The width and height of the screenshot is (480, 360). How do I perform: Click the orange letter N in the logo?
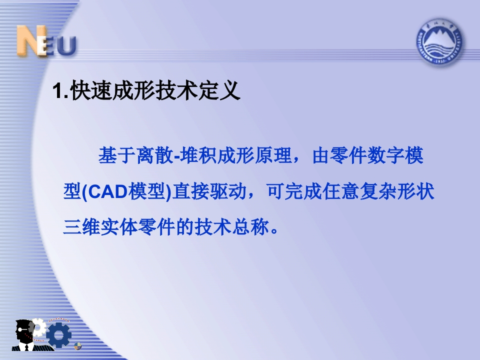click(x=30, y=40)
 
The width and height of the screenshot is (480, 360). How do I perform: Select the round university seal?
click(x=439, y=42)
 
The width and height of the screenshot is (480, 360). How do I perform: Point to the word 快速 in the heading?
click(x=91, y=90)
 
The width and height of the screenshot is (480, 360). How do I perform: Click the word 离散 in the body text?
click(x=155, y=155)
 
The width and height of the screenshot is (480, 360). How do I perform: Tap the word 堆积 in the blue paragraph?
click(x=198, y=155)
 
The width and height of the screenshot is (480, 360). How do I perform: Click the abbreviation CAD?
click(x=108, y=191)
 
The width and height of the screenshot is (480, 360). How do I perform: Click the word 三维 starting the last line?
click(x=81, y=227)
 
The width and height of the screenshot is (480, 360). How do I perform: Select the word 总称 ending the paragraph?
click(x=250, y=227)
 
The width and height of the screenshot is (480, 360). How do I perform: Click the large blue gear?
click(x=59, y=334)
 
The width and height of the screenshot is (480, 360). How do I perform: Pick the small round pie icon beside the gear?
click(x=78, y=346)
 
